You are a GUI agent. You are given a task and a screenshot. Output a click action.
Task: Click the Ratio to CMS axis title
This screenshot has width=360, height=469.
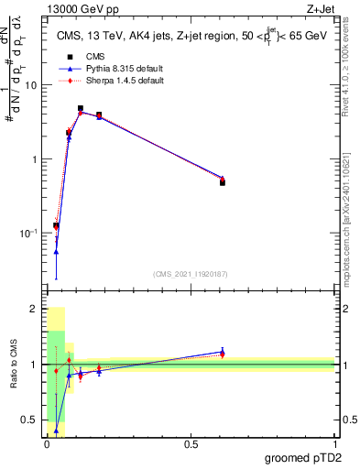14,366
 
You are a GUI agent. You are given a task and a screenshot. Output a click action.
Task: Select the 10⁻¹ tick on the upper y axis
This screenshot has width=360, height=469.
28,234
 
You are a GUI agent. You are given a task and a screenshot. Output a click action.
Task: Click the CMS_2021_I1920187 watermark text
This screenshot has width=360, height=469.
189,274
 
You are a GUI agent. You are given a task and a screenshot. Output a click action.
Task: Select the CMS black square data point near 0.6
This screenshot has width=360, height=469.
223,182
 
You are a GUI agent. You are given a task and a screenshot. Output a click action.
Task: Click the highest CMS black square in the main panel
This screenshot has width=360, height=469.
81,108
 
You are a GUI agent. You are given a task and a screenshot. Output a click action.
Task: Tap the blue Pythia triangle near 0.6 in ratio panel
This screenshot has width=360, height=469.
223,351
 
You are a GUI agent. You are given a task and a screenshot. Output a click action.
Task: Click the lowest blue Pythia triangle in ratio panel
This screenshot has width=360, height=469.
56,430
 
